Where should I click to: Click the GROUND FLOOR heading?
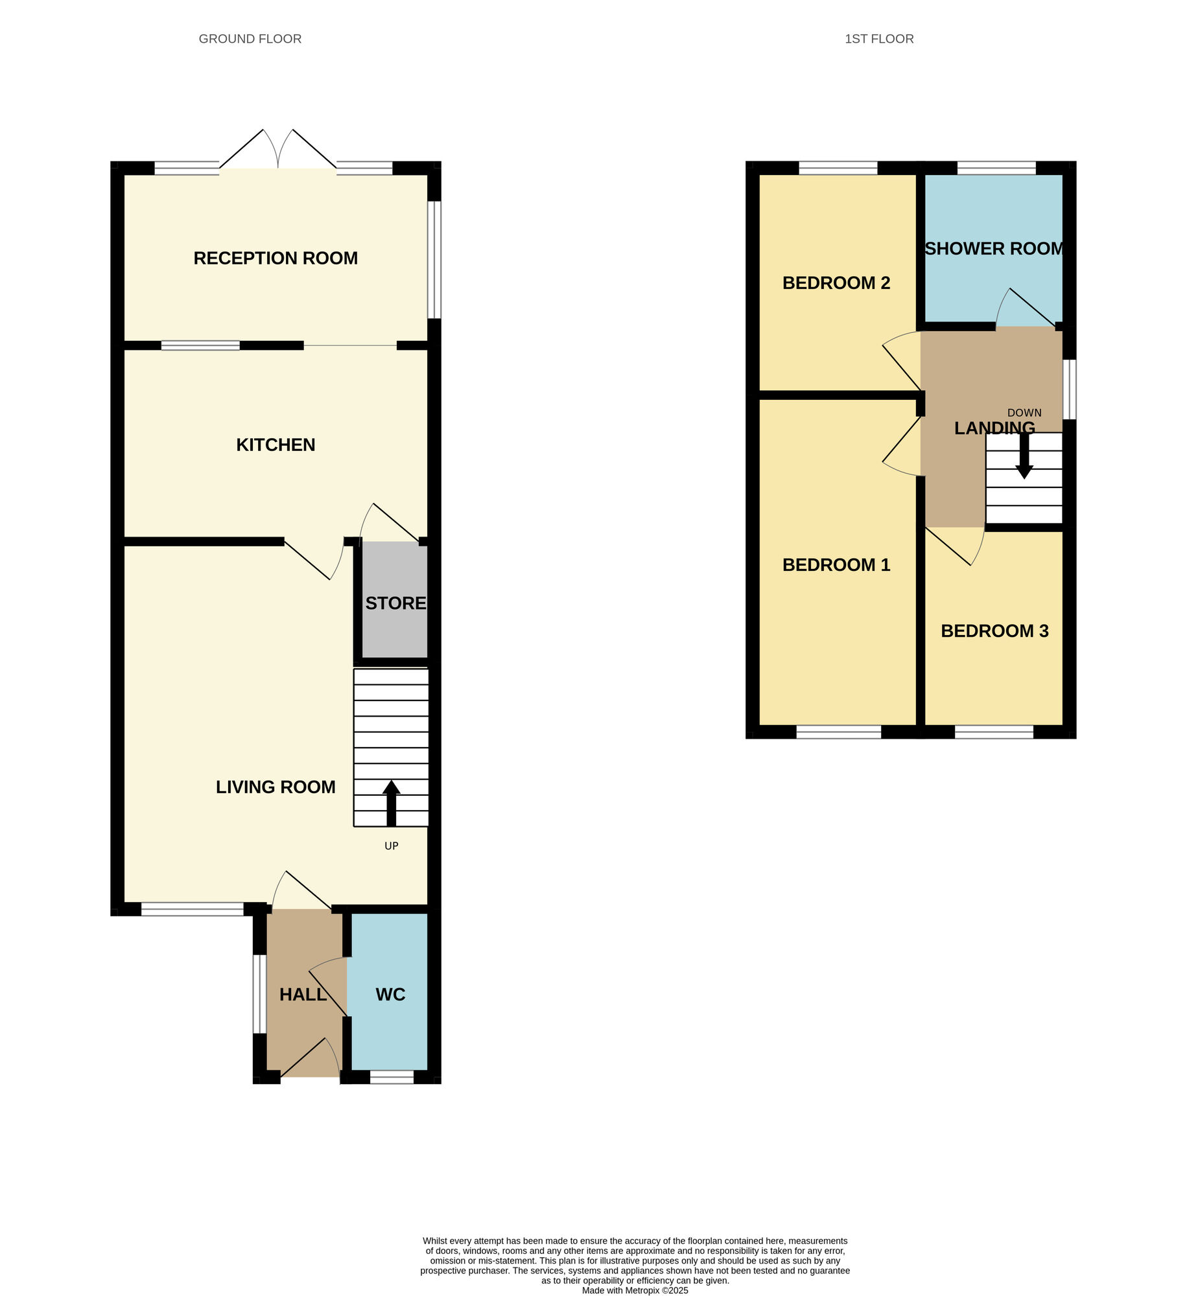point(250,39)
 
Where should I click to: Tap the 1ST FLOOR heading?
point(878,39)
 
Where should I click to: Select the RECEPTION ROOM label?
point(276,258)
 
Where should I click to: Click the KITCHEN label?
point(276,445)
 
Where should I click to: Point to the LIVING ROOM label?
point(276,787)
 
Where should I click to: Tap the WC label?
point(390,994)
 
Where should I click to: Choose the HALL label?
point(303,994)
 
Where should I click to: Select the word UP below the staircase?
point(391,846)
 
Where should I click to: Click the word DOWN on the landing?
point(1024,413)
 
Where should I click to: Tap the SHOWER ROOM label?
point(994,249)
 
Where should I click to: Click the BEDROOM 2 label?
point(836,283)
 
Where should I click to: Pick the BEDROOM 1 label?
point(836,564)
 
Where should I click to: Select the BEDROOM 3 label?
point(994,631)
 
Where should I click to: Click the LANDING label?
point(994,428)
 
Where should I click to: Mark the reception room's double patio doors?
point(278,156)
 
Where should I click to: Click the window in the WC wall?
point(392,1077)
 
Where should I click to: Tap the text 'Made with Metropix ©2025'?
point(635,1290)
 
